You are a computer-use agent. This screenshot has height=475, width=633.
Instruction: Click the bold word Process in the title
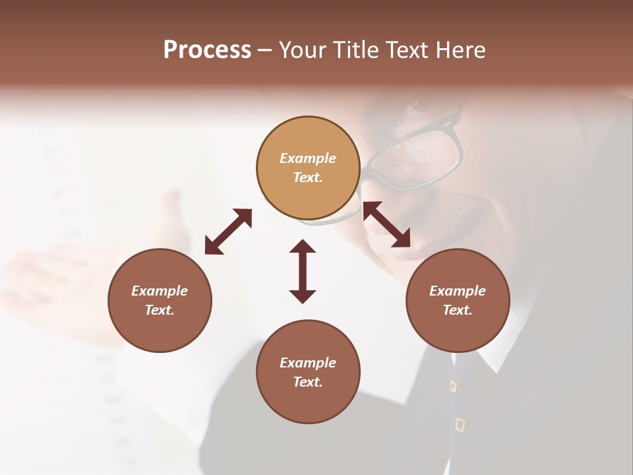tap(207, 50)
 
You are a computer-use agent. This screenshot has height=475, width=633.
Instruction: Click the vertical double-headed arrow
tap(303, 271)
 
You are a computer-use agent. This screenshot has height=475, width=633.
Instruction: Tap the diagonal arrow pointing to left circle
tap(228, 232)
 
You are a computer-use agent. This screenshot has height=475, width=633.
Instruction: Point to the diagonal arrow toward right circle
tap(386, 224)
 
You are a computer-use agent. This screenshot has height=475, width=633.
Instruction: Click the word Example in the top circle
tap(308, 158)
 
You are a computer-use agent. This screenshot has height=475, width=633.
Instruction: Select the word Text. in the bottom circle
tap(308, 382)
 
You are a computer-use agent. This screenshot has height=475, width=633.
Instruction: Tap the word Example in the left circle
tap(160, 291)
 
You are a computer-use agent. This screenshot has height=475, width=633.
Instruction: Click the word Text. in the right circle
tap(458, 310)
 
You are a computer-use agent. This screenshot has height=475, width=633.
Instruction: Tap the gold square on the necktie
tap(460, 424)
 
